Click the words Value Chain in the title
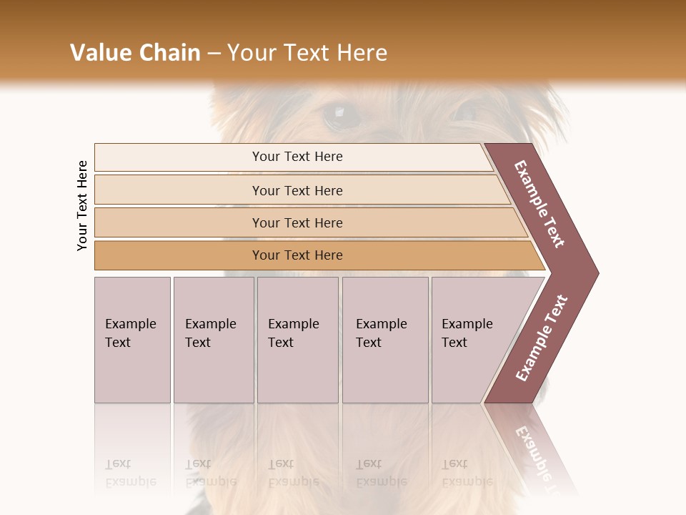135,53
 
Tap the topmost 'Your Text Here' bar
297,157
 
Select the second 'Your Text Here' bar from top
297,190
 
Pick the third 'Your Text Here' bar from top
297,222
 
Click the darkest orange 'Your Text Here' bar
297,255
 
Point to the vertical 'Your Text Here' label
83,205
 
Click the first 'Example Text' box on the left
132,340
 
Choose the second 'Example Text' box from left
214,340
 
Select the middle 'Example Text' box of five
297,340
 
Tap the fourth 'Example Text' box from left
385,340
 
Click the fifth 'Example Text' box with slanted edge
472,340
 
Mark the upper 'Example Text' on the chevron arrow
540,204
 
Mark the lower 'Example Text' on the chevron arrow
542,338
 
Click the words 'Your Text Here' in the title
307,53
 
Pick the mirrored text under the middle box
293,473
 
